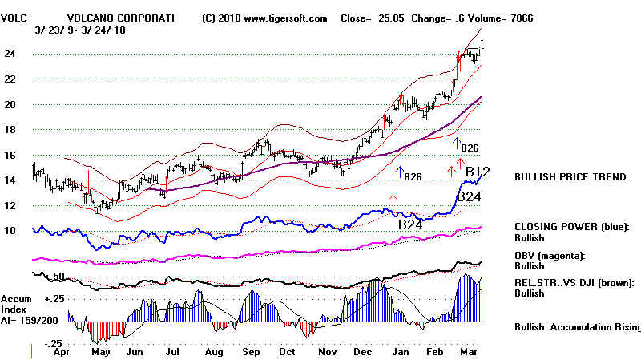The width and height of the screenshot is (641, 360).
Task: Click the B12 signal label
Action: click(477, 172)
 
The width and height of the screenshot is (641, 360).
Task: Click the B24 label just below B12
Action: click(468, 197)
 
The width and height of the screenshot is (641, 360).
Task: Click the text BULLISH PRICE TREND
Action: click(570, 177)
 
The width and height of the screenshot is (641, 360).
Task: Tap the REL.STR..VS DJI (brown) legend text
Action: click(574, 282)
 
